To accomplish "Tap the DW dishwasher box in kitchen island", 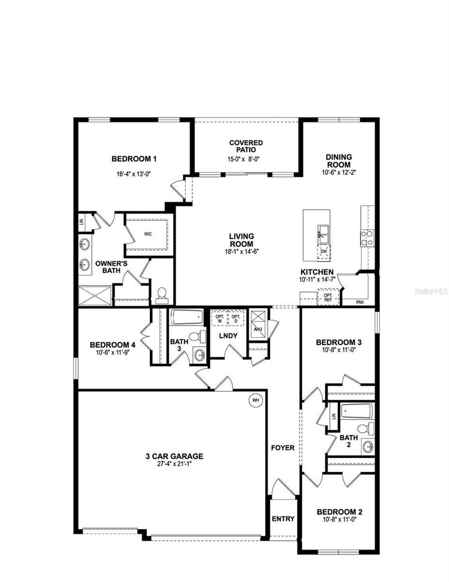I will pyautogui.click(x=324, y=251).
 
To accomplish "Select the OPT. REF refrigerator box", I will pyautogui.click(x=328, y=297).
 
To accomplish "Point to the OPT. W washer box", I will pyautogui.click(x=219, y=319).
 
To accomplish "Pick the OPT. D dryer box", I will pyautogui.click(x=236, y=319).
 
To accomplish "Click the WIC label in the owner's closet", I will pyautogui.click(x=148, y=234).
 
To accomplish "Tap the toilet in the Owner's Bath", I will pyautogui.click(x=162, y=295).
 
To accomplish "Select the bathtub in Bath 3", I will pyautogui.click(x=187, y=316).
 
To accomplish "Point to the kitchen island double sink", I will pyautogui.click(x=324, y=233).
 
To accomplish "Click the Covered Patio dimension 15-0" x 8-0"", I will pyautogui.click(x=246, y=159).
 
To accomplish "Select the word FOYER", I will pyautogui.click(x=282, y=448).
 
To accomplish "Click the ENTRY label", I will pyautogui.click(x=283, y=518).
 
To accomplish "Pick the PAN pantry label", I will pyautogui.click(x=360, y=302).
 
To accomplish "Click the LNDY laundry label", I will pyautogui.click(x=228, y=336).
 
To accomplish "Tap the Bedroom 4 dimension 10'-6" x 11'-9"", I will pyautogui.click(x=112, y=352).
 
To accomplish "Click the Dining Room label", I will pyautogui.click(x=339, y=161).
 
